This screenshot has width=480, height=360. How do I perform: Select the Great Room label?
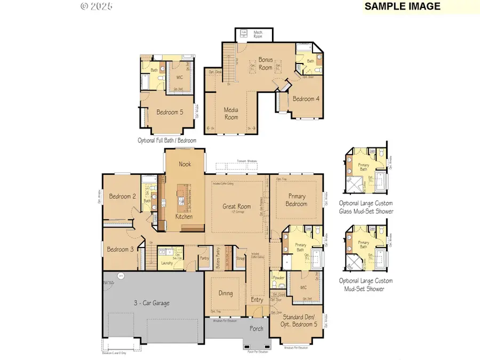tap(236, 206)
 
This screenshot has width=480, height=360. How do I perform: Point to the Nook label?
tap(185, 164)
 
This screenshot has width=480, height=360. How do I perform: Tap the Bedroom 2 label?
tap(122, 196)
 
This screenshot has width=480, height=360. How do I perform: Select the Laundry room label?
tap(166, 263)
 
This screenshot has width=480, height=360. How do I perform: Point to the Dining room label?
tap(226, 293)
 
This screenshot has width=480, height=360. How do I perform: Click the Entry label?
tap(257, 300)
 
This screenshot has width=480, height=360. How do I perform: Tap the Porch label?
tap(257, 329)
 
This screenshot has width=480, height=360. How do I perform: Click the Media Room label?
tap(231, 113)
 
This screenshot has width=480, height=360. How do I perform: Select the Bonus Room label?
tap(265, 64)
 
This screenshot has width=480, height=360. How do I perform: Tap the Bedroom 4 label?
tap(306, 99)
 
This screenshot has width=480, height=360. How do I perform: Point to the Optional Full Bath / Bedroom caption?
tap(167, 140)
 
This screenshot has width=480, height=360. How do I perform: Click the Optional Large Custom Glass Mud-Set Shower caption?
tap(366, 207)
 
